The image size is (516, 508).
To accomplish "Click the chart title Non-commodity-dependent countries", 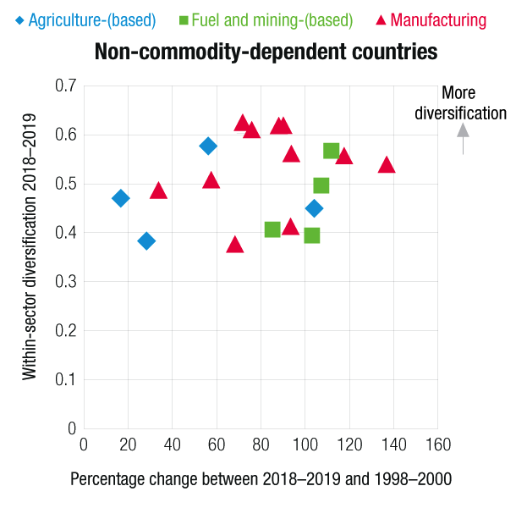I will click(266, 52).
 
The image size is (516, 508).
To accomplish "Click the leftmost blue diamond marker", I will click(121, 198).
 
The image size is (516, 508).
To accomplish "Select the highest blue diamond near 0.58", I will click(208, 146).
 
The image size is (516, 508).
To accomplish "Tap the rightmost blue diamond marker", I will click(314, 208).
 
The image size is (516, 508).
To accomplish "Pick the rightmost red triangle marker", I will click(387, 165).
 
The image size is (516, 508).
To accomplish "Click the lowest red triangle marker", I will click(235, 246).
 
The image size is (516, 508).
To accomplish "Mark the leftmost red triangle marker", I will click(158, 191).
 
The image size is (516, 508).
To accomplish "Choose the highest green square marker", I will click(332, 151).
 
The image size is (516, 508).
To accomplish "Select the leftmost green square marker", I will click(272, 229).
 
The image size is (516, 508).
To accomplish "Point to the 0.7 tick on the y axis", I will click(66, 86).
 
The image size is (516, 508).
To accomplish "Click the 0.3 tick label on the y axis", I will click(66, 281).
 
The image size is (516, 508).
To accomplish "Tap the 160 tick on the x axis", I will click(437, 443).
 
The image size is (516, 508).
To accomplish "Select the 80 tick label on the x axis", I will click(260, 443).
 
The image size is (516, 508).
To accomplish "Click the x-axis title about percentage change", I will click(261, 479).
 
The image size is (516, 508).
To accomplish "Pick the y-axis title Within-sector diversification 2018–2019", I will click(30, 246).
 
